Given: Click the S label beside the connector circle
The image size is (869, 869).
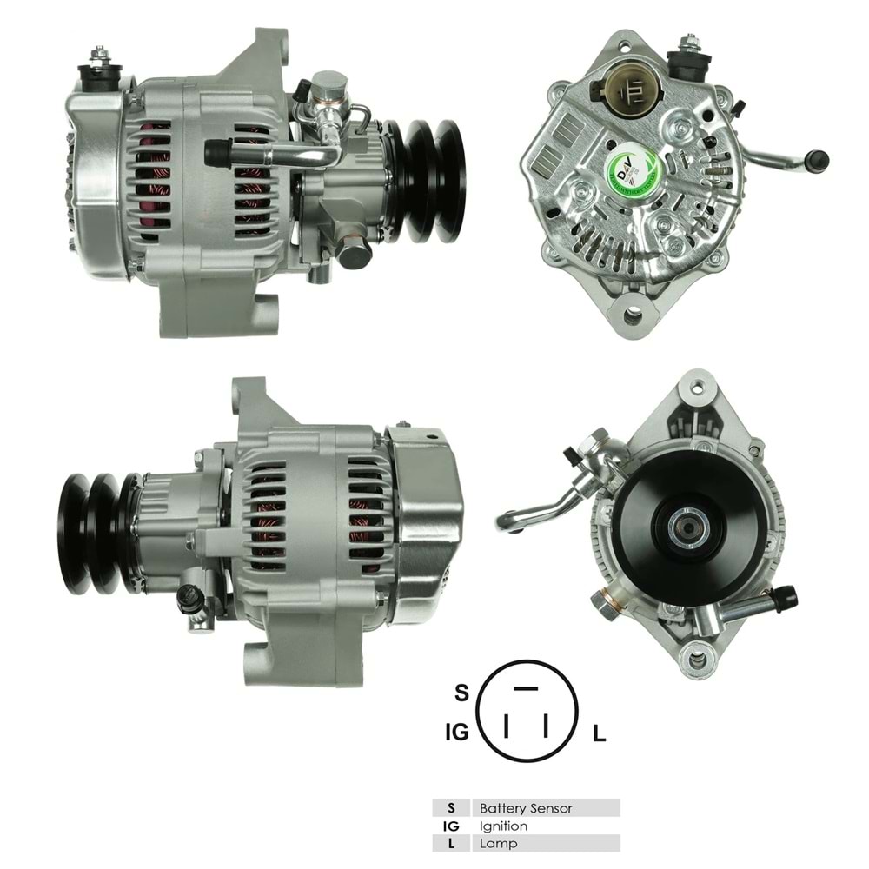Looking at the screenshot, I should click(461, 693).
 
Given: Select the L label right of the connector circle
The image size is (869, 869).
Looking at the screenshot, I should click(599, 734).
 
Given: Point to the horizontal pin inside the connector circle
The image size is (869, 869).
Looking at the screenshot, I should click(526, 688).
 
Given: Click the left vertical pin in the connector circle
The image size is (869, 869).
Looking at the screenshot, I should click(506, 724).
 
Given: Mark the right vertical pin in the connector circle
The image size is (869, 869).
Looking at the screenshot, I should click(546, 724).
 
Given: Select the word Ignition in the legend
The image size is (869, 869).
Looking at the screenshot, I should click(503, 826).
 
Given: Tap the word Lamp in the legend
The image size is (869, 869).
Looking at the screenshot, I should click(498, 843).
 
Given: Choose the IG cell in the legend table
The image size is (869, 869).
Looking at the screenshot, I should click(451, 826).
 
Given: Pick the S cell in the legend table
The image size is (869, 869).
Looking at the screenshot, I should click(451, 808).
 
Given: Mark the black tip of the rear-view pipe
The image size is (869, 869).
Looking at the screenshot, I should click(817, 160).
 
